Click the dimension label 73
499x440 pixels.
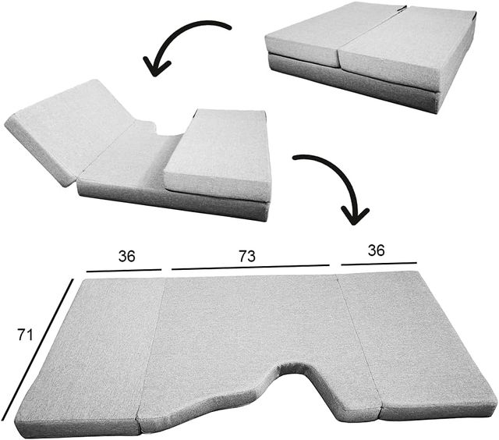click(247, 257)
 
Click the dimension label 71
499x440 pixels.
click(25, 335)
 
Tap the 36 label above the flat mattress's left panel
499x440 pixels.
click(126, 257)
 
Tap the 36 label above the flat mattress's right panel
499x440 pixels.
click(376, 250)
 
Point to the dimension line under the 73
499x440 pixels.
click(250, 267)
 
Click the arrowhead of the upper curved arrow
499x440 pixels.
click(156, 67)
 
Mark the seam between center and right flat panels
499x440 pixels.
click(358, 341)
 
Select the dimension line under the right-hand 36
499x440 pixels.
click(379, 264)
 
